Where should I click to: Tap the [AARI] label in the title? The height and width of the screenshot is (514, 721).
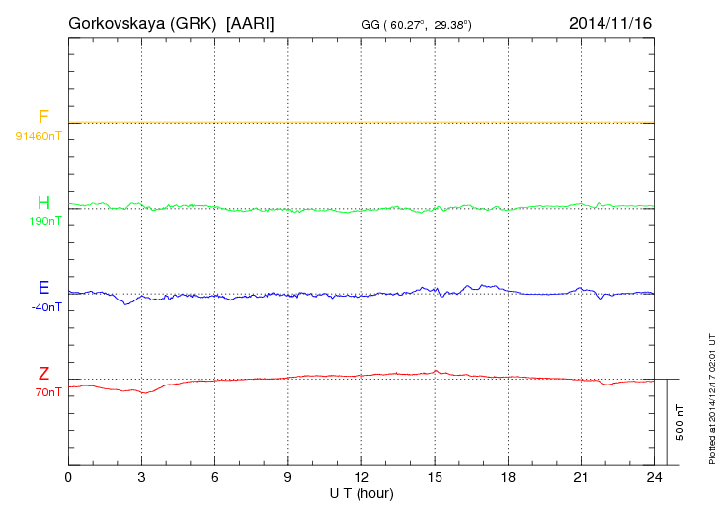pos(251,22)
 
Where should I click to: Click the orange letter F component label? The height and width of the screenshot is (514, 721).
pos(43,117)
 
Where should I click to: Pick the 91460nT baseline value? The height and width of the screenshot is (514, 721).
pos(38,135)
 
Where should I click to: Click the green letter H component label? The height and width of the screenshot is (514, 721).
pos(43,203)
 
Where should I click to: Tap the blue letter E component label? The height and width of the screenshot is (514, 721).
pos(43,288)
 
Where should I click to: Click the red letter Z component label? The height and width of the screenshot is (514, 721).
pos(43,374)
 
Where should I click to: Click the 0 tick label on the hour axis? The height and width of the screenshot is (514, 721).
pos(68,478)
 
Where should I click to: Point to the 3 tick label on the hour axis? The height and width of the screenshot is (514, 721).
pos(141,478)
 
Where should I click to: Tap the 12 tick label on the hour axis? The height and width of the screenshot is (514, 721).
pos(361,478)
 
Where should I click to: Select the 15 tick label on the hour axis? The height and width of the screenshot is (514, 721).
pos(435,478)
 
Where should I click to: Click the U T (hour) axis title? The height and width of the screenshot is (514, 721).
pos(361,492)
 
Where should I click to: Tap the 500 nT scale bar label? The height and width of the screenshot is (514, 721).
pos(681,422)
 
